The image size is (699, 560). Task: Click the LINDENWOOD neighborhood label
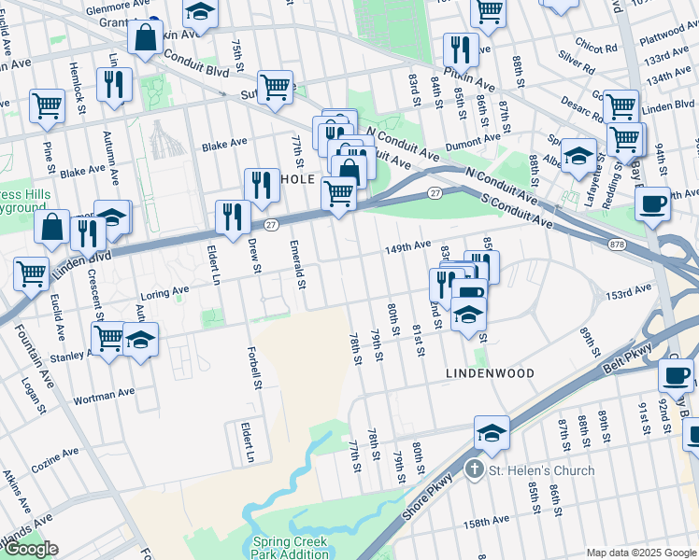click(490, 373)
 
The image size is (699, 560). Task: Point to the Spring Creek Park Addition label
click(290, 548)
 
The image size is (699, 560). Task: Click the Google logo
click(30, 549)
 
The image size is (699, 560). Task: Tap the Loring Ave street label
click(165, 293)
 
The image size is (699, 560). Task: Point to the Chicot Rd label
click(597, 47)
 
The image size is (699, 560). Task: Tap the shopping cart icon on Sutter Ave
click(275, 87)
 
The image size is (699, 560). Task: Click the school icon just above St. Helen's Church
click(492, 432)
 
